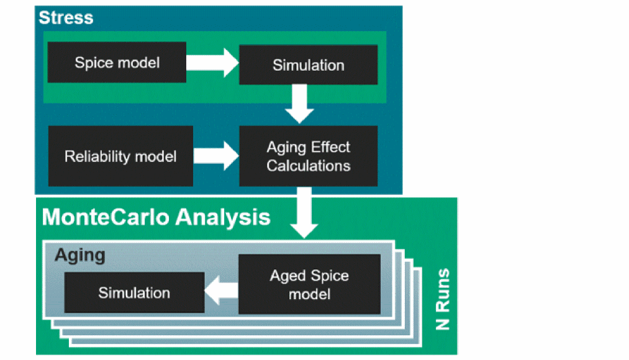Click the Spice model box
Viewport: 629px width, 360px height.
point(117,63)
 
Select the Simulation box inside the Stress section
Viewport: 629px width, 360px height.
point(309,65)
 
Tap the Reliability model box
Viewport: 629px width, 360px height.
point(120,156)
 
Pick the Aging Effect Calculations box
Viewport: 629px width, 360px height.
point(309,156)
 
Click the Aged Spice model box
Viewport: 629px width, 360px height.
point(309,284)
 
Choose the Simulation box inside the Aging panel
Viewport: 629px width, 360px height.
point(134,292)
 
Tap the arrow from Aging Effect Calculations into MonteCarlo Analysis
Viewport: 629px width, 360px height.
point(304,213)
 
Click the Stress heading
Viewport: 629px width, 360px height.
point(66,17)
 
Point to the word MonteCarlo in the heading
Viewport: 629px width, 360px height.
point(106,217)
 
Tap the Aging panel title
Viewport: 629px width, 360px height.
point(80,255)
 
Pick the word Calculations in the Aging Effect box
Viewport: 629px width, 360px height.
point(309,166)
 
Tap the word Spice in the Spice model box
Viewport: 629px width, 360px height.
point(94,63)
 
